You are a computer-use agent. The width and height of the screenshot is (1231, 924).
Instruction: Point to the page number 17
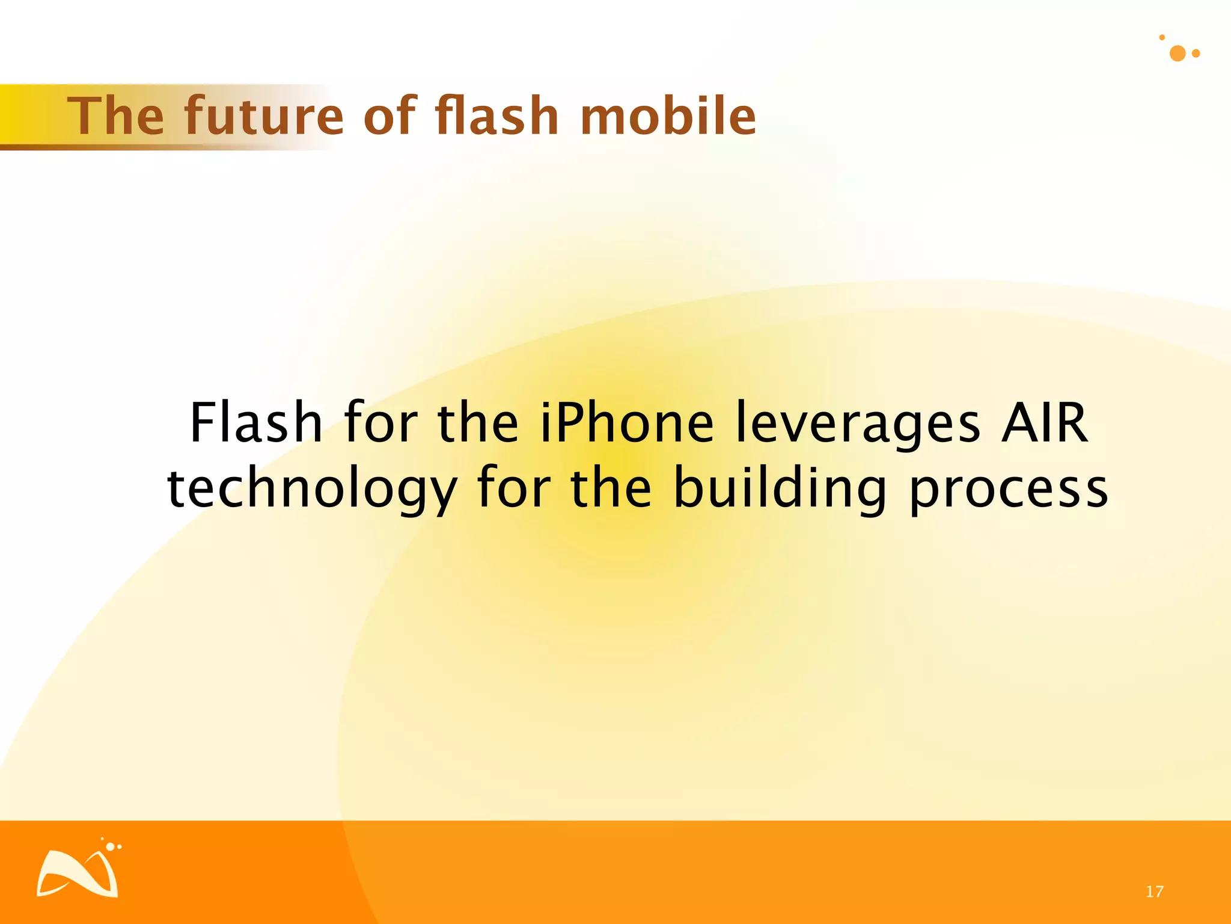1154,892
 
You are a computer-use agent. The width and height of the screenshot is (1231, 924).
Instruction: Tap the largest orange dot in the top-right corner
1178,54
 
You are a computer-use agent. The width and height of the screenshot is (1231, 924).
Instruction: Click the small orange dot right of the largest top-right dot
1196,54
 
